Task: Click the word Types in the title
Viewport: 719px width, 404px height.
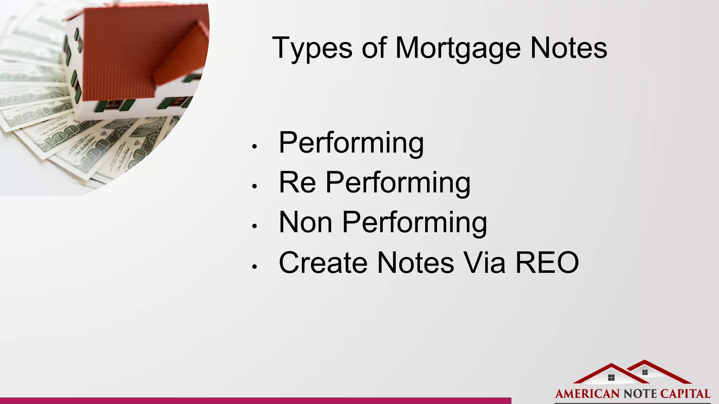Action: pyautogui.click(x=312, y=48)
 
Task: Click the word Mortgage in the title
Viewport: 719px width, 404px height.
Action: pyautogui.click(x=458, y=48)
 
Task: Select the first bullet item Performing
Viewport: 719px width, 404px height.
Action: pyautogui.click(x=351, y=143)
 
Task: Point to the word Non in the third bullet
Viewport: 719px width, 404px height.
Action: pyautogui.click(x=305, y=222)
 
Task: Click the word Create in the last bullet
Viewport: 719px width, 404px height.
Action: pyautogui.click(x=323, y=262)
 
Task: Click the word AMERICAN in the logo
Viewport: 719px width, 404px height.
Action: pyautogui.click(x=587, y=394)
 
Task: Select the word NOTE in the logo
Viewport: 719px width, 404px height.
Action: pyautogui.click(x=640, y=394)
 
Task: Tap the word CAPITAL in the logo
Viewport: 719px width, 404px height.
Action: pyautogui.click(x=685, y=394)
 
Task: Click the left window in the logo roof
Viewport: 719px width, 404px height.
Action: pyautogui.click(x=611, y=378)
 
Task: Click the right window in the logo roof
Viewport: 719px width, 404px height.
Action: pyautogui.click(x=645, y=372)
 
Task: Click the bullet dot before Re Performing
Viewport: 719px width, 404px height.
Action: pyautogui.click(x=255, y=187)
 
